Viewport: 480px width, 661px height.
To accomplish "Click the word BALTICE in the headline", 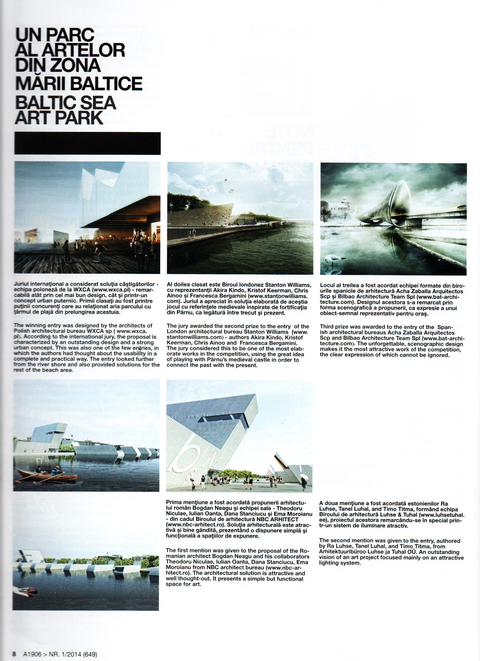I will point(106,84).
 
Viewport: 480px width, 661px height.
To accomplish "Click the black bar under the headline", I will point(87,144).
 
